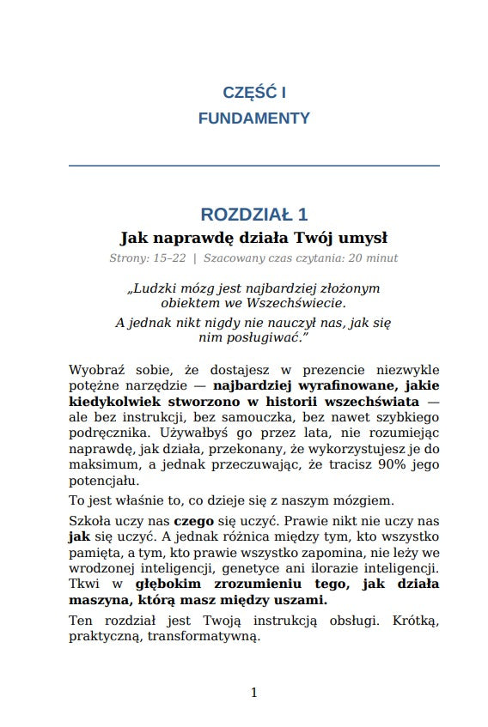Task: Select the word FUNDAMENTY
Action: point(253,118)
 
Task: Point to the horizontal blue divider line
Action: point(253,165)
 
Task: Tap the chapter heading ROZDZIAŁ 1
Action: point(253,215)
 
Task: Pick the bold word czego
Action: point(193,521)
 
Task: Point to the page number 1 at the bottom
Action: point(253,692)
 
